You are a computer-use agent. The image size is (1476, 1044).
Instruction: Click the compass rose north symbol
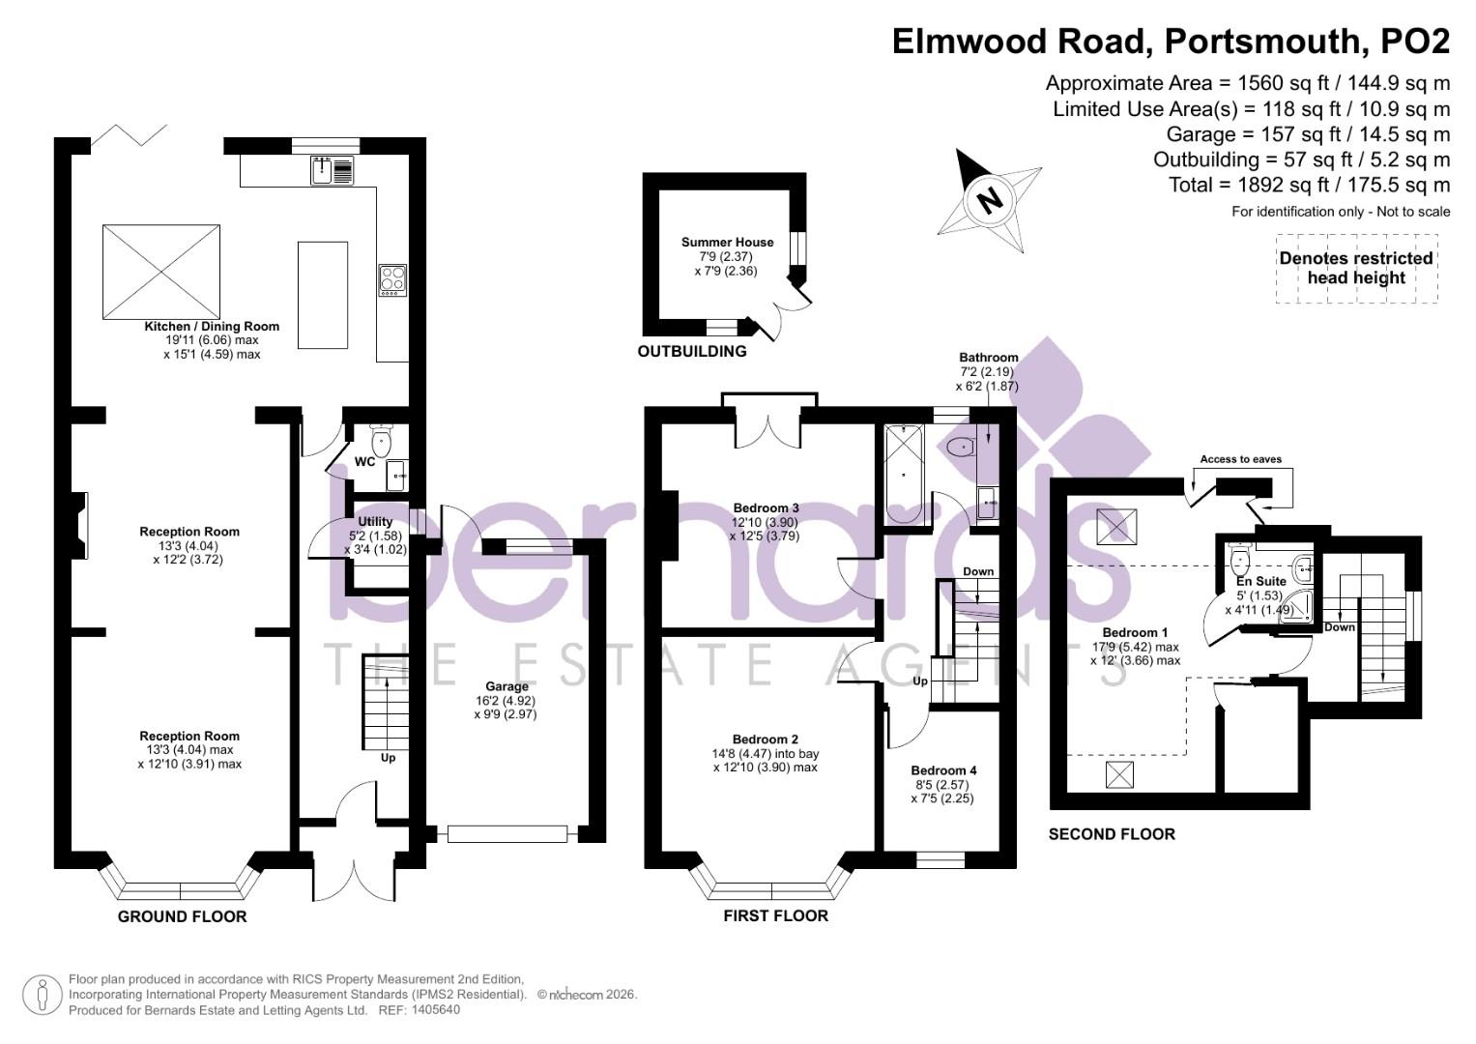[990, 201]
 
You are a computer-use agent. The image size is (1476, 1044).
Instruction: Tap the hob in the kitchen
[392, 280]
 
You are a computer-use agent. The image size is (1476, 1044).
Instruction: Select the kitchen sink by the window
[333, 171]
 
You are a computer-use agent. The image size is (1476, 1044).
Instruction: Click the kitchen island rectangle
[322, 295]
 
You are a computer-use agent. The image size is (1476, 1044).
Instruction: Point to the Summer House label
[727, 243]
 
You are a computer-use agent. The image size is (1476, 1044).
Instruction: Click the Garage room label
[506, 687]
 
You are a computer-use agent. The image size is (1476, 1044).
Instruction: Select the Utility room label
[375, 522]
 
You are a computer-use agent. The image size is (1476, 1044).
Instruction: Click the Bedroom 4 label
[943, 770]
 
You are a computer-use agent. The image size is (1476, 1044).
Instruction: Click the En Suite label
[1260, 581]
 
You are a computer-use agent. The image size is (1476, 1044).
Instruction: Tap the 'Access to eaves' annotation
[1240, 459]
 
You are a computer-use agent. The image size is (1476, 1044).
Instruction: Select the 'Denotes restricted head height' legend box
[1355, 268]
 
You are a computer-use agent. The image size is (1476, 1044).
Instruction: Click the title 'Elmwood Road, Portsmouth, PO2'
[1171, 42]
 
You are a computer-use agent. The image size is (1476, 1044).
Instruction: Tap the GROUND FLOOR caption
[182, 916]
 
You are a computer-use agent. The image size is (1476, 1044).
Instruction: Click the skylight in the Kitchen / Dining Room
[161, 272]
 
